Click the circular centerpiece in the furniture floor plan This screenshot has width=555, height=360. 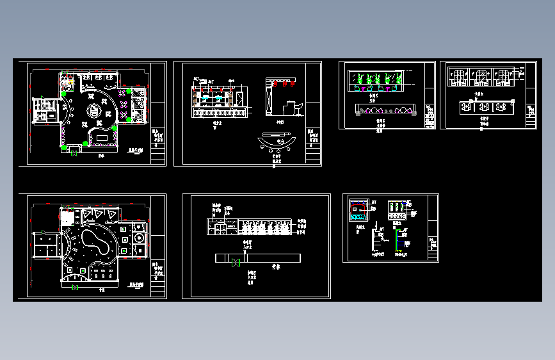pos(93,110)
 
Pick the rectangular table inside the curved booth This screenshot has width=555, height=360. pos(101,136)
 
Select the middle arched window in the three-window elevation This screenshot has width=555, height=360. pos(478,76)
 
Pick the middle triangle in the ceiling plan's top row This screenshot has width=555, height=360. pos(96,215)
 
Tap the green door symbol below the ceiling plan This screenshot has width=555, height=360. pos(75,288)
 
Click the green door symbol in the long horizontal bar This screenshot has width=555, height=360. pos(236,262)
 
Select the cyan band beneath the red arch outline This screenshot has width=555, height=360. pos(356,217)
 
